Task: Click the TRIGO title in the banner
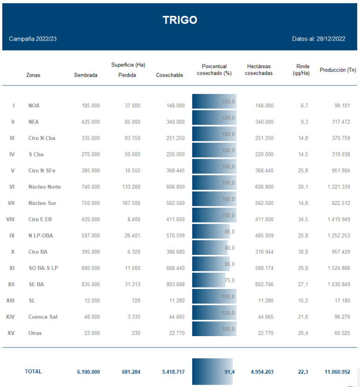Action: (x=180, y=20)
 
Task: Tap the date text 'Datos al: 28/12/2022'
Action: (x=318, y=39)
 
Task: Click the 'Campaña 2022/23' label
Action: (x=33, y=39)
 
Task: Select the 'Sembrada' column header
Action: (x=86, y=75)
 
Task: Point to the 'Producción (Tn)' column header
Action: (x=338, y=70)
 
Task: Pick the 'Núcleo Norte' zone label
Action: (x=44, y=187)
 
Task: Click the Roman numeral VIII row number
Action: (x=10, y=219)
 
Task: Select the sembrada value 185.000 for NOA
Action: (x=90, y=106)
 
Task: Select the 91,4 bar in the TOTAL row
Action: (x=213, y=372)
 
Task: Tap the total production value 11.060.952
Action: (x=337, y=372)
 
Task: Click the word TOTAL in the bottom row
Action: (x=33, y=372)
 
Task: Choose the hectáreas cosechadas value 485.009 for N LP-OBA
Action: (x=262, y=236)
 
